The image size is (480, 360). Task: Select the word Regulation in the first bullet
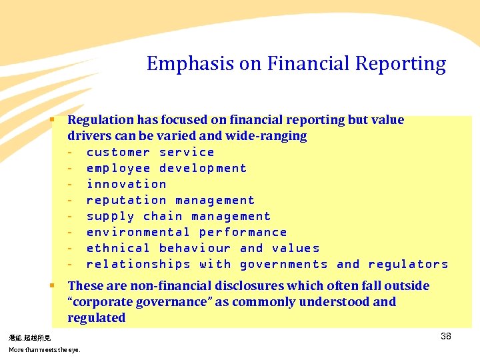pos(101,120)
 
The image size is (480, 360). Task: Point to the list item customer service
pos(150,152)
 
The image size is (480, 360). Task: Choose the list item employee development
pos(166,168)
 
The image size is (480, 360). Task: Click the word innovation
pos(126,184)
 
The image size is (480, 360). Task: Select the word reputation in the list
pos(126,200)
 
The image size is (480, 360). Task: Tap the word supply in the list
pos(110,216)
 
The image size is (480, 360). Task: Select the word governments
pos(283,264)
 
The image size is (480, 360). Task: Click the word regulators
pos(408,264)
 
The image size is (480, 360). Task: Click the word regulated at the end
pos(96,318)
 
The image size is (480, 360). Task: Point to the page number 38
pos(446,336)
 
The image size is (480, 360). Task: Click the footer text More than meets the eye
pos(44,349)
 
